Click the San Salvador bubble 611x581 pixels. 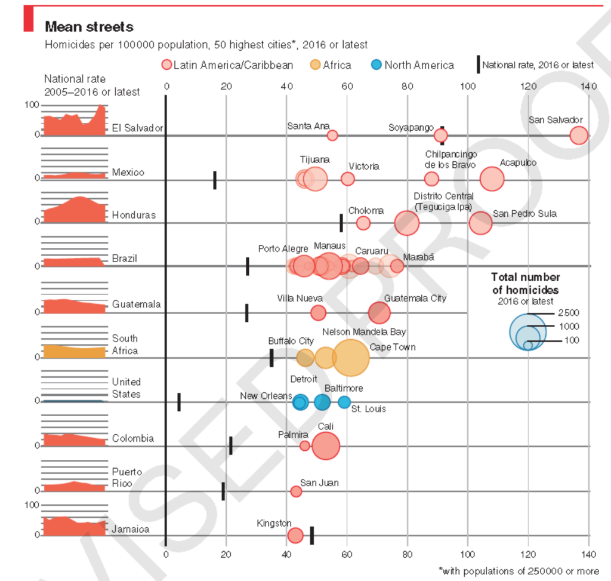coord(578,136)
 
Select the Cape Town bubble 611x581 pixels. coord(351,358)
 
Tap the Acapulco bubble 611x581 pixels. coord(492,179)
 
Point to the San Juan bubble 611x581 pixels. coord(296,491)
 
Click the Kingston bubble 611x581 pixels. coord(295,535)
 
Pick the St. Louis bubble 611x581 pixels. coord(344,402)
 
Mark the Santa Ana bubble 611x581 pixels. coord(332,136)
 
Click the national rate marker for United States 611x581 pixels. coord(179,402)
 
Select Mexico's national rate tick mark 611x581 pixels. coord(215,180)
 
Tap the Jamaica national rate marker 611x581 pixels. coord(312,535)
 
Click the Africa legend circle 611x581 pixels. coord(315,65)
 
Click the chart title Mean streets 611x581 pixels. coord(90,27)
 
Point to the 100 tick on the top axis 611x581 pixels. coord(468,87)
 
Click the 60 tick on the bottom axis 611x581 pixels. coord(347,554)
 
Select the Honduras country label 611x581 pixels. coord(134,215)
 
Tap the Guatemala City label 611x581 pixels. coord(415,298)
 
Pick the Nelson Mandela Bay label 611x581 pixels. coord(363,332)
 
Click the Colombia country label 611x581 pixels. coord(132,438)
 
